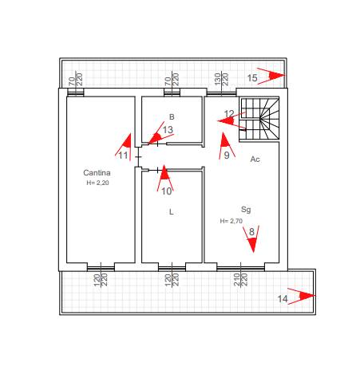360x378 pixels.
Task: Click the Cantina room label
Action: point(97,173)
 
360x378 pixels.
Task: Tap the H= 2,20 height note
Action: point(97,183)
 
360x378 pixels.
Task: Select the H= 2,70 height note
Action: point(231,221)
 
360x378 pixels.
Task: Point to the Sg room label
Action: point(246,210)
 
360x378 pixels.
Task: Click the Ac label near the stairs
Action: point(255,159)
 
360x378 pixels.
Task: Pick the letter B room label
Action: point(172,116)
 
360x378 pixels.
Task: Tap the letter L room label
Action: point(172,212)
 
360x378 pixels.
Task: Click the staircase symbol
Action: point(259,119)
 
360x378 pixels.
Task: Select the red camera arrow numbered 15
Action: point(271,76)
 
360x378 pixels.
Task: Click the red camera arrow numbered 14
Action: point(302,296)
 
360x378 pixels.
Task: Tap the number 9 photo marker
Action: point(226,146)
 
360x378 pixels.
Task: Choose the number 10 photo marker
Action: point(165,179)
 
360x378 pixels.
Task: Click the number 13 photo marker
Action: point(160,134)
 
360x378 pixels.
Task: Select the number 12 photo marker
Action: point(231,120)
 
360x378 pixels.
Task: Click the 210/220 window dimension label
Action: point(240,280)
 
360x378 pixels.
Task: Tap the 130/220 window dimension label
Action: point(221,79)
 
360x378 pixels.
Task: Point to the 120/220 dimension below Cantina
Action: point(101,280)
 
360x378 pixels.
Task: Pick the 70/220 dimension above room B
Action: point(172,79)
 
